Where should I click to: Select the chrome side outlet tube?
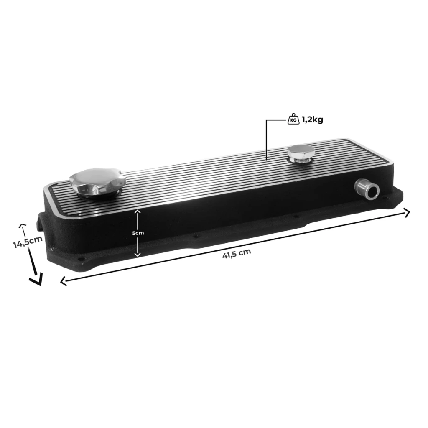click(x=367, y=189)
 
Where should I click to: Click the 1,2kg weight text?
click(x=312, y=120)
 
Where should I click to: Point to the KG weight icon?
click(x=293, y=119)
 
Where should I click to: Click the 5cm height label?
click(x=138, y=233)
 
